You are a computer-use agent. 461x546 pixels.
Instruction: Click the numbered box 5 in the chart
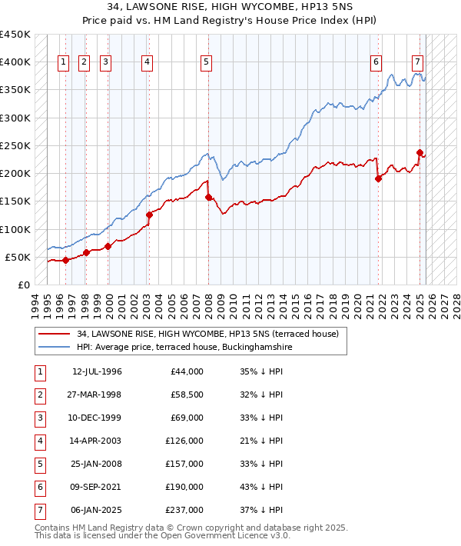click(x=207, y=63)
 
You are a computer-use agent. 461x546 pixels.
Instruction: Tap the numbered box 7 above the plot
click(x=417, y=63)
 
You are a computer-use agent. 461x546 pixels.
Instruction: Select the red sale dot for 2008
click(x=208, y=198)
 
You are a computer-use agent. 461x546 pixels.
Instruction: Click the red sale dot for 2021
click(x=378, y=179)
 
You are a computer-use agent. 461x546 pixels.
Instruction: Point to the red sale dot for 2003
click(x=149, y=215)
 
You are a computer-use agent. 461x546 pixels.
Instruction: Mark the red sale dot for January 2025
click(x=420, y=152)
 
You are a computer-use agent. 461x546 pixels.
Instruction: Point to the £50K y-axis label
click(x=18, y=257)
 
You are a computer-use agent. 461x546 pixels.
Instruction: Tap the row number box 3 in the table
click(x=39, y=418)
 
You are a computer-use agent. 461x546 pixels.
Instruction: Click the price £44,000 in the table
click(x=186, y=371)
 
